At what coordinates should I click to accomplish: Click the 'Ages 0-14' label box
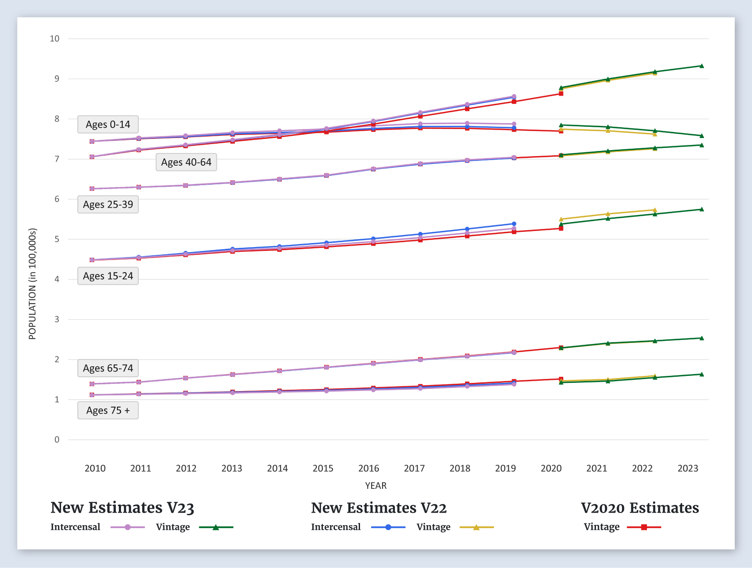(x=108, y=125)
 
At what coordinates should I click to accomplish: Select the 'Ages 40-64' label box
(x=186, y=162)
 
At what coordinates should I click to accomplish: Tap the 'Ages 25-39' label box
(x=108, y=205)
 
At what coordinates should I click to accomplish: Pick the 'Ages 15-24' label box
(x=108, y=276)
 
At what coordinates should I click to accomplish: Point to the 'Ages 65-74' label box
(x=108, y=368)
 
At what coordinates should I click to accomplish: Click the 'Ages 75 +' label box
(x=108, y=411)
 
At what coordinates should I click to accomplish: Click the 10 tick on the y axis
(x=55, y=39)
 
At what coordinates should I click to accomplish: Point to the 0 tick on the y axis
(x=57, y=440)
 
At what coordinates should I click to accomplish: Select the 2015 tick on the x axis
(x=323, y=468)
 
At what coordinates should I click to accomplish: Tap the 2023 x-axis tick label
(x=688, y=468)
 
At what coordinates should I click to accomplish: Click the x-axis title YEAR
(x=376, y=485)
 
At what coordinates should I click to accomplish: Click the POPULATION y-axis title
(x=32, y=284)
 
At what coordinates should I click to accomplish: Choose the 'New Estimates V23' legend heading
(x=122, y=507)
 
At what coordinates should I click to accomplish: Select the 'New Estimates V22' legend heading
(x=379, y=507)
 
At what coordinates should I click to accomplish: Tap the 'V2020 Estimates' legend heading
(x=640, y=507)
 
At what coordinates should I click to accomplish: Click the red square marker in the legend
(x=644, y=527)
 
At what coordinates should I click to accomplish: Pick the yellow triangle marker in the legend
(x=476, y=527)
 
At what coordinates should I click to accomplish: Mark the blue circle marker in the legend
(x=388, y=527)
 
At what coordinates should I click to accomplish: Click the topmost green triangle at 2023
(x=701, y=66)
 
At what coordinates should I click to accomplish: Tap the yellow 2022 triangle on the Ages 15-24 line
(x=655, y=210)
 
